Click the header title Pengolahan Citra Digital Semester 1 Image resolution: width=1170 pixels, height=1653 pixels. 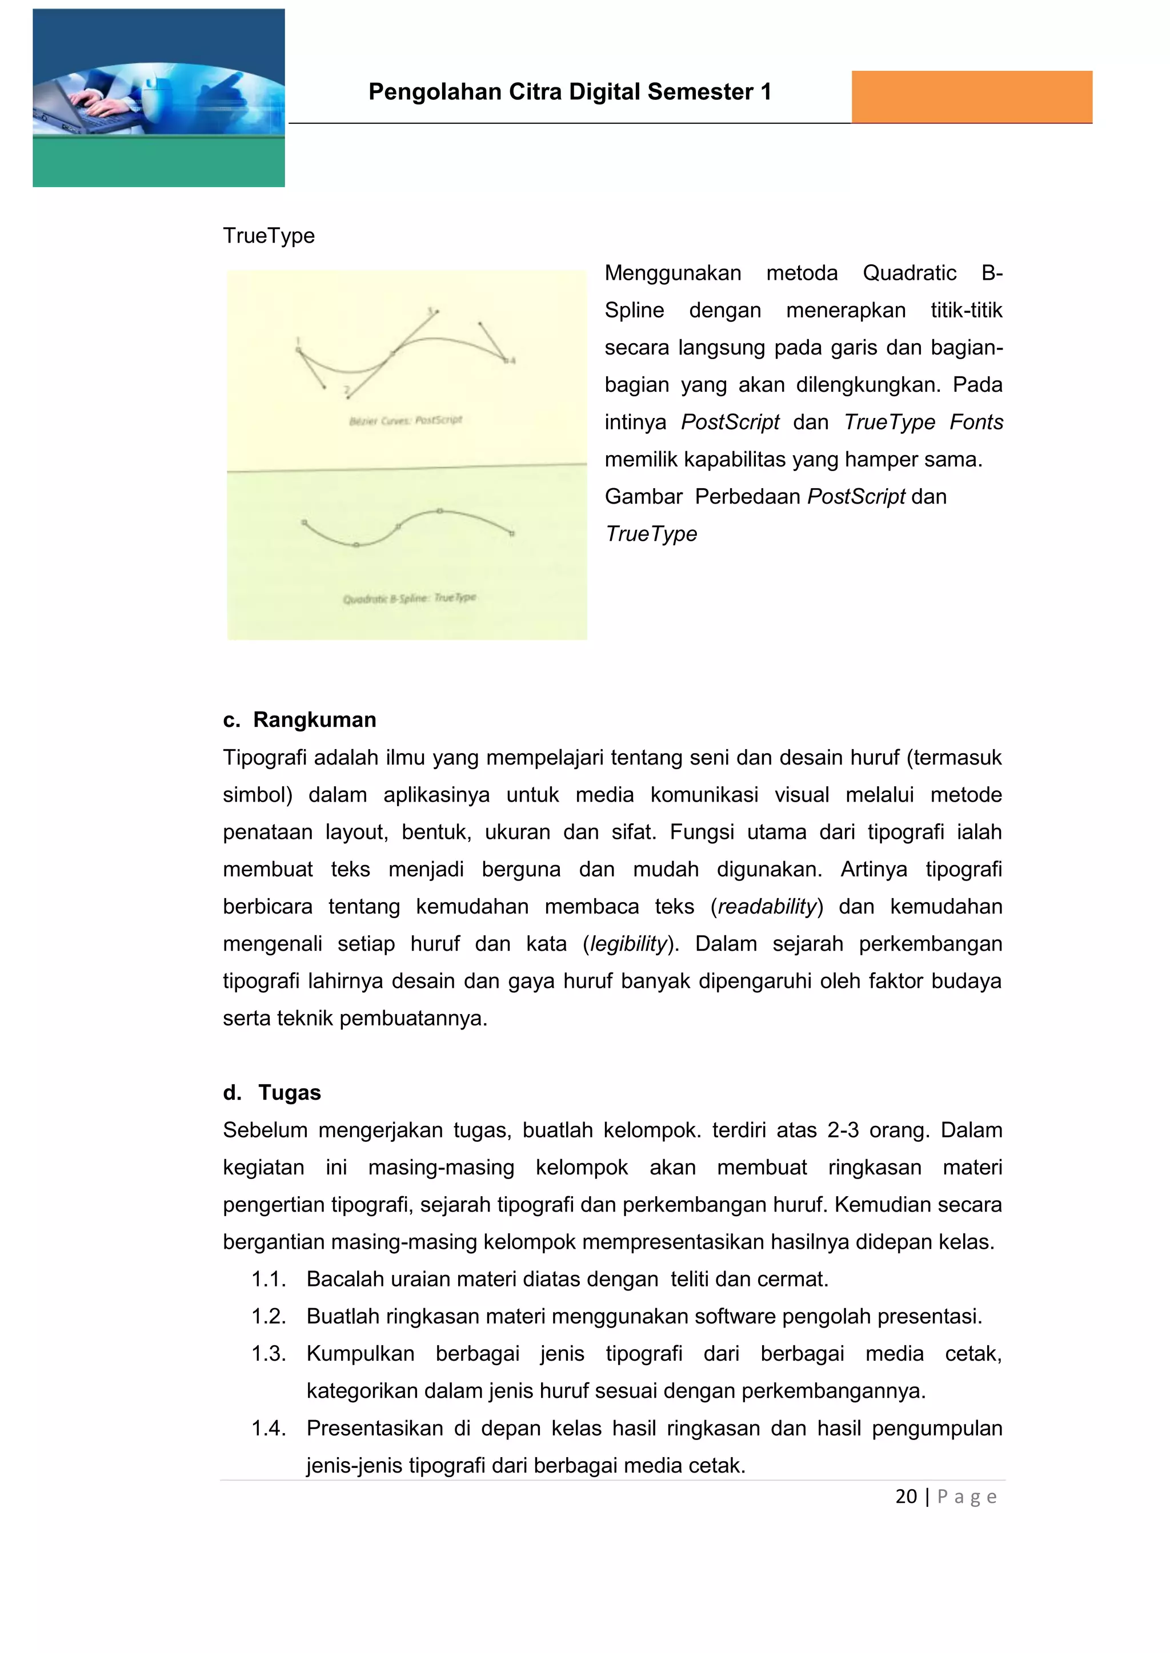[569, 92]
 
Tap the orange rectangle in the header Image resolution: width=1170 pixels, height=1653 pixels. [971, 96]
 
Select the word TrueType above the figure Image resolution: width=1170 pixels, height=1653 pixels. [269, 236]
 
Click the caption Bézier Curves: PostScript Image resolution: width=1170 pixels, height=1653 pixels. [406, 420]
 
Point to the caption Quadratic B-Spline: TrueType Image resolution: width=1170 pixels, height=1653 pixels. [409, 598]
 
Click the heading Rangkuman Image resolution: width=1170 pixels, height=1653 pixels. [314, 720]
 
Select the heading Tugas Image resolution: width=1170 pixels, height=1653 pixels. [290, 1092]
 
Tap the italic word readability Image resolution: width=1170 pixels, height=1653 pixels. [767, 906]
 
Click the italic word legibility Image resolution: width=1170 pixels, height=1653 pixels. [629, 944]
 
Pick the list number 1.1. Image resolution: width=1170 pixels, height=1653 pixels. [268, 1280]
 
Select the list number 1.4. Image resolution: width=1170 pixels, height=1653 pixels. [268, 1429]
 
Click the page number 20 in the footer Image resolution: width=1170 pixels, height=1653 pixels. [905, 1497]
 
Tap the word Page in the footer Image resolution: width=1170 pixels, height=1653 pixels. [967, 1498]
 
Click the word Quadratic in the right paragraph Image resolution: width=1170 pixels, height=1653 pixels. [909, 274]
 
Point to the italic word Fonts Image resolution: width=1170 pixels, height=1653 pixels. [976, 423]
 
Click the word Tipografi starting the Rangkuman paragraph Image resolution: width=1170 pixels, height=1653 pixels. [265, 757]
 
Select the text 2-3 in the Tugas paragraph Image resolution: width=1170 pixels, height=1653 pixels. [842, 1131]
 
